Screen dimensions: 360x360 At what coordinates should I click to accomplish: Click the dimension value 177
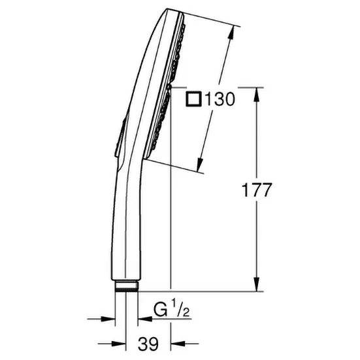[x=257, y=190]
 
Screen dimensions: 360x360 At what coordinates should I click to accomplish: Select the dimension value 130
[x=220, y=99]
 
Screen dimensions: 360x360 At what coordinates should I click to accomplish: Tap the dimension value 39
[x=148, y=344]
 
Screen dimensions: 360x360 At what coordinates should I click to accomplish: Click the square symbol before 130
[x=193, y=99]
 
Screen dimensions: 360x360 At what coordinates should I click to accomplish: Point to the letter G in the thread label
[x=160, y=310]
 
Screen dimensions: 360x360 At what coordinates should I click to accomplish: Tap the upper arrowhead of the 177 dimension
[x=257, y=94]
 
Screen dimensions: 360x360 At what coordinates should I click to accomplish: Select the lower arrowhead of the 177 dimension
[x=257, y=284]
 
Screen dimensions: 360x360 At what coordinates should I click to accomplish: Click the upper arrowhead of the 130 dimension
[x=231, y=33]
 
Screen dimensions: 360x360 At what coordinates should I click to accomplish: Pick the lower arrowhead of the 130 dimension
[x=199, y=165]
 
